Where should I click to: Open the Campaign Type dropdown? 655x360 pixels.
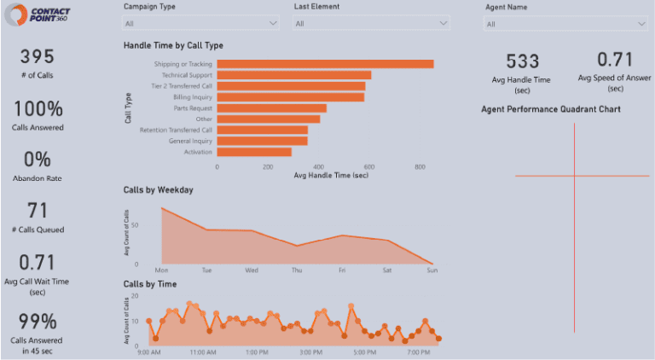click(x=201, y=24)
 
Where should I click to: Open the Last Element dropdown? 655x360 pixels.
click(x=371, y=24)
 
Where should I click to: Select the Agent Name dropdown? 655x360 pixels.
click(x=566, y=25)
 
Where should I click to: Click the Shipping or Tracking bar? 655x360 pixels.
click(x=325, y=64)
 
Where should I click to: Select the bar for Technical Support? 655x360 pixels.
click(x=293, y=75)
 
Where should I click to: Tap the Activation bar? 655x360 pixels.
click(x=254, y=152)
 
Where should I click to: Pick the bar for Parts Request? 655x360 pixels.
click(x=271, y=108)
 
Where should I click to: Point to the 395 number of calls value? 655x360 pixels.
click(x=37, y=57)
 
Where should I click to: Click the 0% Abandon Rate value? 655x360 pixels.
click(x=37, y=160)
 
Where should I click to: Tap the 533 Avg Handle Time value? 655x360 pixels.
click(x=522, y=61)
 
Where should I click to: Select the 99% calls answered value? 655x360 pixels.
click(x=37, y=322)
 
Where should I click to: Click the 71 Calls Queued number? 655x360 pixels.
click(x=37, y=211)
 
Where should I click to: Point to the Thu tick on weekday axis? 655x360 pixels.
click(x=297, y=270)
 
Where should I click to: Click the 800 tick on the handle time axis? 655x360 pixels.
click(x=420, y=167)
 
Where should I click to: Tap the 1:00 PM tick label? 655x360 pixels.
click(x=256, y=351)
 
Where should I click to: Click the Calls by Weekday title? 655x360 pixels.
click(x=159, y=189)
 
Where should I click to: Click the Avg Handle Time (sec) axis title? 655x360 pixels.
click(x=330, y=175)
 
